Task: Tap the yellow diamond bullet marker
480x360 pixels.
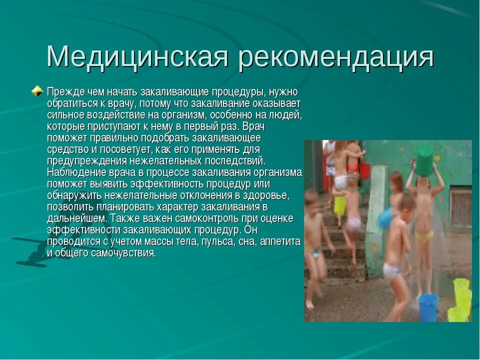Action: [37, 91]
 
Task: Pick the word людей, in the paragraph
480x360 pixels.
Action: [289, 115]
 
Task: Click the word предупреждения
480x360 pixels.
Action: [86, 160]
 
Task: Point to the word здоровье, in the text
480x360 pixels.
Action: [269, 195]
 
